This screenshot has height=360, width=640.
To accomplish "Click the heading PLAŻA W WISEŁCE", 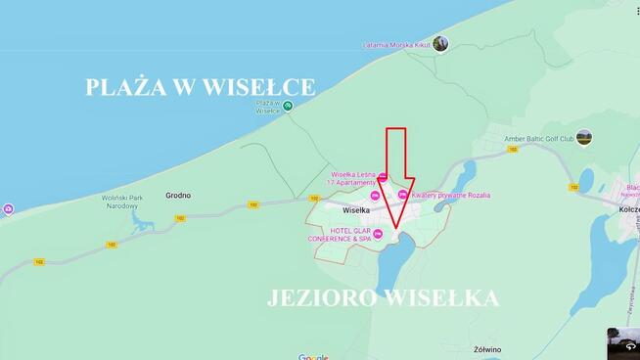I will point(201,87).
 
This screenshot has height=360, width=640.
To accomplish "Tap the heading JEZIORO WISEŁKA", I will point(384,298).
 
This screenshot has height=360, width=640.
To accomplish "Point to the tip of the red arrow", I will point(396,230).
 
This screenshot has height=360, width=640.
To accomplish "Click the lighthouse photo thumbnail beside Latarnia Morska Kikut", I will point(440,43).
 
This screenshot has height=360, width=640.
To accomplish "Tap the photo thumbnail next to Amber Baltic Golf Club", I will point(584,137).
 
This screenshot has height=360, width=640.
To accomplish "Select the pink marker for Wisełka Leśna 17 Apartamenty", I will point(384,177).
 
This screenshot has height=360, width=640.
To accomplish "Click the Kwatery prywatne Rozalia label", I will point(451,195).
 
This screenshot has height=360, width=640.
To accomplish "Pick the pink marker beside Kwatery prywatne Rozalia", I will point(402,195).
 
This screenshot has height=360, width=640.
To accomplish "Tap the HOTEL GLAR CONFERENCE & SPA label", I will point(339,234).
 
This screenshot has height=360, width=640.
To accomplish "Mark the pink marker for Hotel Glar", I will point(378,233).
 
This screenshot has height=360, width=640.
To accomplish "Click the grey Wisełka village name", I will point(355,210).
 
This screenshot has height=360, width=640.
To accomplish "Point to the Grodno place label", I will point(178,196).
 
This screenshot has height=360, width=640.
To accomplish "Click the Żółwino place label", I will point(486,348).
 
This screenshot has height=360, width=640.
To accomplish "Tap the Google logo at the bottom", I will point(313,357).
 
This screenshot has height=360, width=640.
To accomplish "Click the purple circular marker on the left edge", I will point(8,209).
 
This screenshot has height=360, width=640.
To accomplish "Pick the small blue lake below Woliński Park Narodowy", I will point(141,224).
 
